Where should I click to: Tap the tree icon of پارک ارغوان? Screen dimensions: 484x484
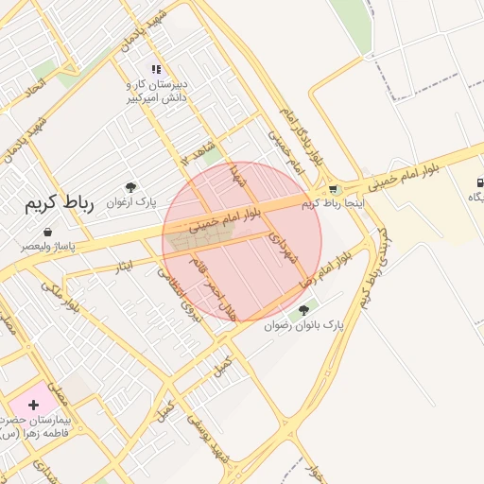point(130,187)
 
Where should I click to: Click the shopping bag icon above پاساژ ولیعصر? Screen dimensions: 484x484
point(47,232)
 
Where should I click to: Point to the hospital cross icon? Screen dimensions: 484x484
point(34,405)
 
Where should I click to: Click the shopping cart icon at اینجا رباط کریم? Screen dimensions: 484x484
point(332,189)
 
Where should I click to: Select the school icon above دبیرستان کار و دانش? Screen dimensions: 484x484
point(157,69)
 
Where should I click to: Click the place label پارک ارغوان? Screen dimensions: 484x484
point(130,202)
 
